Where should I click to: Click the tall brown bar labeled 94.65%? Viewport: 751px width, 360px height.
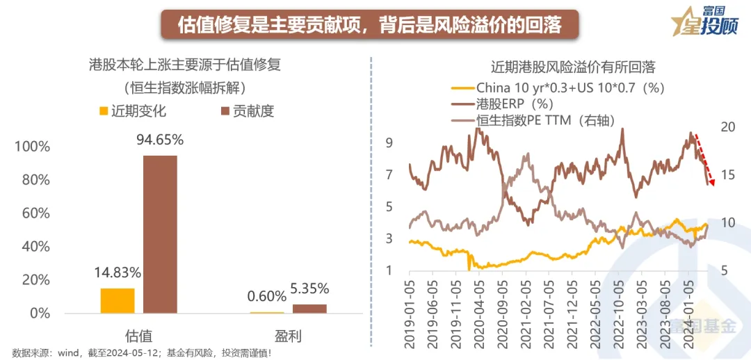coord(160,234)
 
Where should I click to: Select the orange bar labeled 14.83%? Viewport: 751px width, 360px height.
coord(118,300)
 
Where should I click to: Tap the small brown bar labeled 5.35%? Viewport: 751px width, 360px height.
coord(309,309)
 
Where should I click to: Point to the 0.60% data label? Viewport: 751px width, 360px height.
coord(267,297)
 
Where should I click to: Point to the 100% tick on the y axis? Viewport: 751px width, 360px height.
coord(33,147)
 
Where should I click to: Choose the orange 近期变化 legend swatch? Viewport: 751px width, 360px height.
coord(104,111)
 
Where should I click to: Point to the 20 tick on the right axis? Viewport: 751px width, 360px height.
coord(728,127)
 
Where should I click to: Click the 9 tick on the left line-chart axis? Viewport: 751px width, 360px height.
coord(390,142)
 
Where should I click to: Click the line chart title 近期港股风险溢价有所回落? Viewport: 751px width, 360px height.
coord(573,67)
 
